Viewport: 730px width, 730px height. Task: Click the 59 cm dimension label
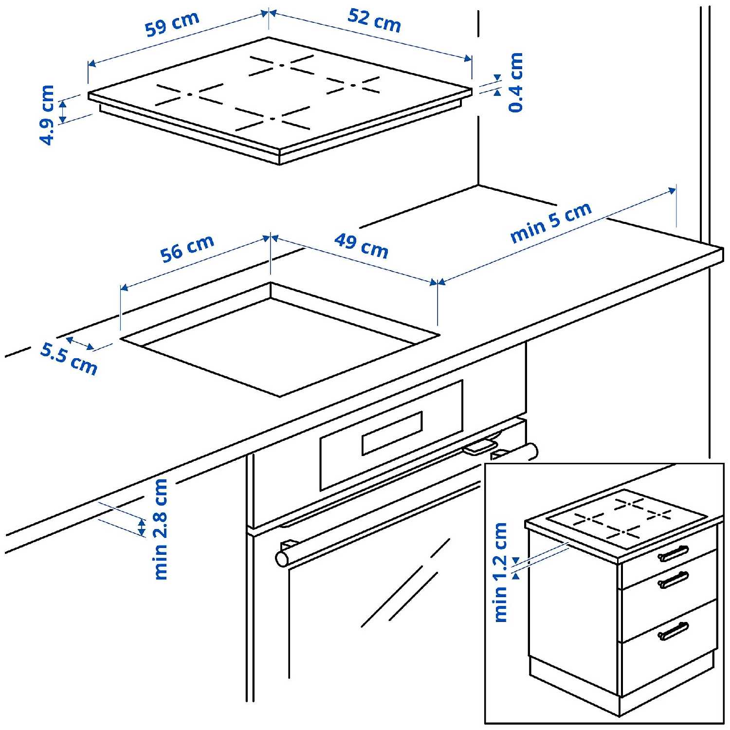coord(172,24)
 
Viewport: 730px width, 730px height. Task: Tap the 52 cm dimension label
coord(374,20)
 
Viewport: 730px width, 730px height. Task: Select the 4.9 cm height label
coord(47,115)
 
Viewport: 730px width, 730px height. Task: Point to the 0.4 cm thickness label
coord(515,82)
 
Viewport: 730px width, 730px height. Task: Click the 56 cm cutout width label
coord(187,248)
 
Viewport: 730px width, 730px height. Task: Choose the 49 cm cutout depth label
coord(361,246)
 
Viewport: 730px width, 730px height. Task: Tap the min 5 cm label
coord(550,222)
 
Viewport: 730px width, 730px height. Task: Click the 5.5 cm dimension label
coord(69,359)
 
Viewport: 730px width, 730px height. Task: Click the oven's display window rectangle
coord(392,433)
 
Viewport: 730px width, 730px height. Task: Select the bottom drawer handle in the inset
coord(673,631)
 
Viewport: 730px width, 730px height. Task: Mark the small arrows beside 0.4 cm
coord(497,85)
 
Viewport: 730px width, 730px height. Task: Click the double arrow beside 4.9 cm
coord(63,111)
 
